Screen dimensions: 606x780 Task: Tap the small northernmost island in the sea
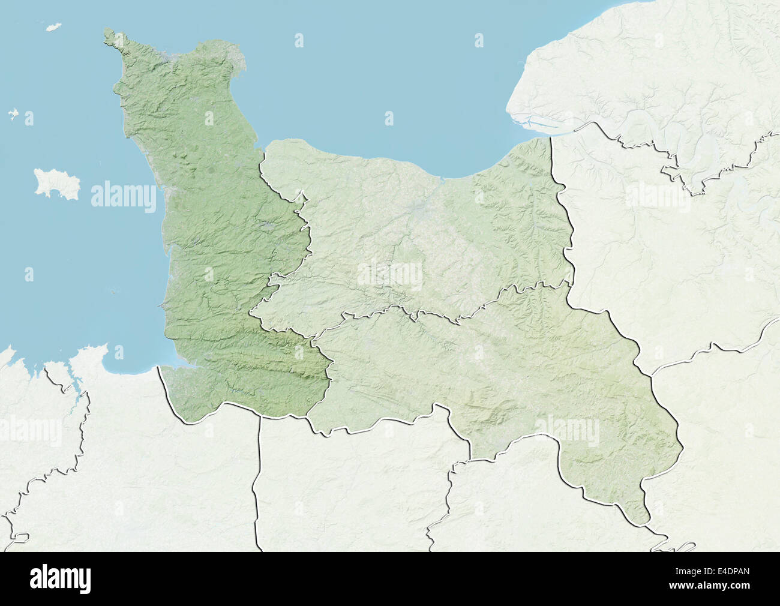53,27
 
